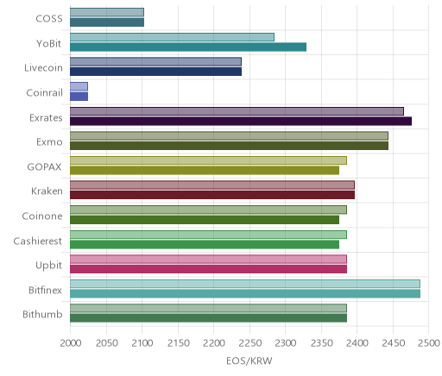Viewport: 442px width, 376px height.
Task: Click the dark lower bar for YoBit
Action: pyautogui.click(x=188, y=47)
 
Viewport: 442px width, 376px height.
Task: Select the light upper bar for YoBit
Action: pyautogui.click(x=172, y=37)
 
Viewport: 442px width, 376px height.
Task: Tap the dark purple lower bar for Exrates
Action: pyautogui.click(x=241, y=121)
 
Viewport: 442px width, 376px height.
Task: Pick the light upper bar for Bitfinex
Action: pyautogui.click(x=245, y=284)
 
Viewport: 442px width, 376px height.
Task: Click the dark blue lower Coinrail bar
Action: pyautogui.click(x=79, y=97)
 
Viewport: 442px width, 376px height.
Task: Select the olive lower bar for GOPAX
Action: pyautogui.click(x=205, y=171)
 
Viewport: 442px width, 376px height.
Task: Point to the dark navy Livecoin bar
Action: pyautogui.click(x=156, y=72)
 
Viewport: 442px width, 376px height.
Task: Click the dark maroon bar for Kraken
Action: pyautogui.click(x=212, y=195)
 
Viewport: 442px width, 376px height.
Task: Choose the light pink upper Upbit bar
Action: pyautogui.click(x=208, y=259)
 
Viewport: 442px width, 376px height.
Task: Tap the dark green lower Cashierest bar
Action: pyautogui.click(x=205, y=245)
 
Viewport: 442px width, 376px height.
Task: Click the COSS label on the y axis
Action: pyautogui.click(x=49, y=19)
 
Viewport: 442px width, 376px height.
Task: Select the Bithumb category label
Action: pyautogui.click(x=42, y=314)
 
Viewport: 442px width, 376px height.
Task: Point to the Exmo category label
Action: pyautogui.click(x=49, y=142)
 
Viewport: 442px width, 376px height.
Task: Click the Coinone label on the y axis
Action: pyautogui.click(x=42, y=216)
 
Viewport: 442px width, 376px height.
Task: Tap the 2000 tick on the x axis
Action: pyautogui.click(x=71, y=343)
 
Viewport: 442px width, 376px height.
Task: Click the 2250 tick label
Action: pyautogui.click(x=249, y=343)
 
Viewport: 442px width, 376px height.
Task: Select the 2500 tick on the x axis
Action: pyautogui.click(x=429, y=343)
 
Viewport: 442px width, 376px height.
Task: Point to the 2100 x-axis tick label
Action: pyautogui.click(x=142, y=343)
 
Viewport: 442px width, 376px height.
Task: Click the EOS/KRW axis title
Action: pyautogui.click(x=249, y=360)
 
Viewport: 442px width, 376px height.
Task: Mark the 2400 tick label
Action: pyautogui.click(x=357, y=343)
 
